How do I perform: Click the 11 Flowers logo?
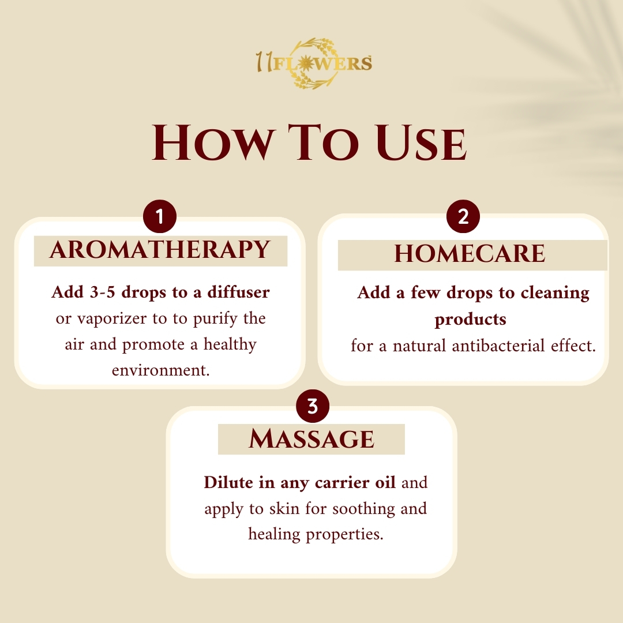[314, 63]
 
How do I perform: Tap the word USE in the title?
[421, 142]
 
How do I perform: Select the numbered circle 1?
[160, 216]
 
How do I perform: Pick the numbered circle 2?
[463, 216]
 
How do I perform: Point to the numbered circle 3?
[313, 406]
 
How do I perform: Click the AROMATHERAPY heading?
[160, 250]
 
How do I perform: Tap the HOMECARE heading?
[470, 254]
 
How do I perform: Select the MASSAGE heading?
[311, 440]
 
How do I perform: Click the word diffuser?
[238, 292]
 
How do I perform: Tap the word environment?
[160, 370]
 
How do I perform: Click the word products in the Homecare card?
[471, 320]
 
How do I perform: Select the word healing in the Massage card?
[274, 535]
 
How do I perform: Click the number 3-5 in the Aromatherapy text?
[103, 292]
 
